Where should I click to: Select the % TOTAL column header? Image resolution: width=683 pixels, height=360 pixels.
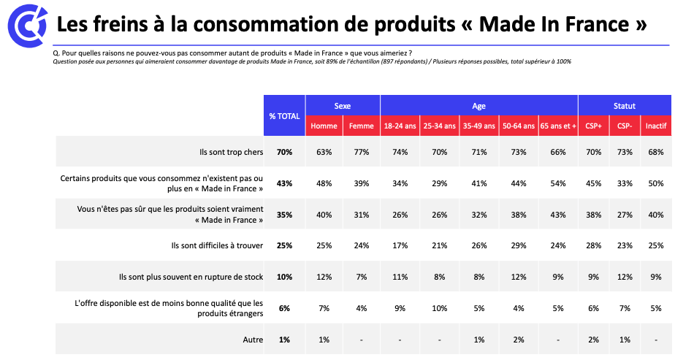(x=284, y=116)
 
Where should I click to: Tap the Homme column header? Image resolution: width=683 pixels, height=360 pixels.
(x=324, y=126)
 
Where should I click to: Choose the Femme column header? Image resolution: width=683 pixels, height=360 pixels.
(x=361, y=126)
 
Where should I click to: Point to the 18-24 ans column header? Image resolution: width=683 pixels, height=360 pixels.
(x=400, y=126)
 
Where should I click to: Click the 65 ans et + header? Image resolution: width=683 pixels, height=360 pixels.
(x=558, y=126)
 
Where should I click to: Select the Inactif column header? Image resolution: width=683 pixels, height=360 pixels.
(x=655, y=126)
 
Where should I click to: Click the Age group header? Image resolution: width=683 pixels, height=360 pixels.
(x=478, y=106)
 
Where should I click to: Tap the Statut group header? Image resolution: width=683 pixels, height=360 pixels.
(x=625, y=106)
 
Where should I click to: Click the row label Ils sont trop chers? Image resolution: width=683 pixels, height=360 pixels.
(x=232, y=152)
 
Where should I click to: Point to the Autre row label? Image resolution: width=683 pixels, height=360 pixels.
(x=252, y=340)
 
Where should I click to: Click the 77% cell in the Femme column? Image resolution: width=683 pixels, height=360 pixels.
(x=361, y=152)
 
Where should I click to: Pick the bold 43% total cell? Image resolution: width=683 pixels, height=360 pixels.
(x=284, y=183)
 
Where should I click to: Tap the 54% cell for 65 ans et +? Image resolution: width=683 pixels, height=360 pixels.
(x=558, y=183)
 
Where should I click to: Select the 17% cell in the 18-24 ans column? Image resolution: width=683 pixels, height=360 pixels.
(x=400, y=246)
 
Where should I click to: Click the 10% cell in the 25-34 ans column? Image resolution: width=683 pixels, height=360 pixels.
(x=439, y=308)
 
